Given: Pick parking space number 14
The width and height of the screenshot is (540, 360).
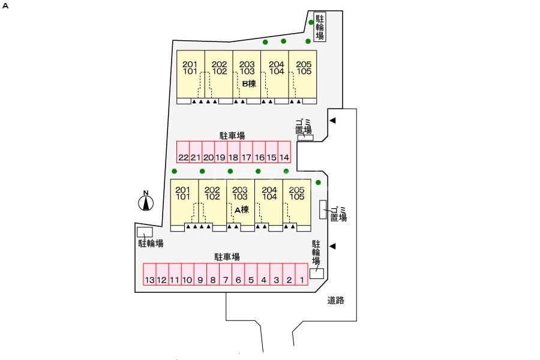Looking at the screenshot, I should [x=284, y=157].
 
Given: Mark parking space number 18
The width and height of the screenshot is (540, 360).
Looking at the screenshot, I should [x=233, y=157].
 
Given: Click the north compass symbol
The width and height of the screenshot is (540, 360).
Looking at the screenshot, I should [x=145, y=203].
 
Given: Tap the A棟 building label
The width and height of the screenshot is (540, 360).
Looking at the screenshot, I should [x=242, y=209].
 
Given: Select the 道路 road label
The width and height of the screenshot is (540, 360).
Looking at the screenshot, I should [x=336, y=301].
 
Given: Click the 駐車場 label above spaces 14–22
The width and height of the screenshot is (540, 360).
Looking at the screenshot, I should [x=232, y=136].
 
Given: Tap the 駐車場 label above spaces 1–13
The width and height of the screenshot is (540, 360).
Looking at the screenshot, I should [x=227, y=257].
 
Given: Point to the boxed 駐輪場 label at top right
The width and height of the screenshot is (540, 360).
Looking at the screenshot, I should [x=320, y=27].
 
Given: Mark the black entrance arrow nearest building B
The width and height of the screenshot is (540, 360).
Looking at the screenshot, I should [x=332, y=121].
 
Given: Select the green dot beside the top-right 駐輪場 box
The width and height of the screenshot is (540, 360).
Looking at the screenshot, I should [x=311, y=23].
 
